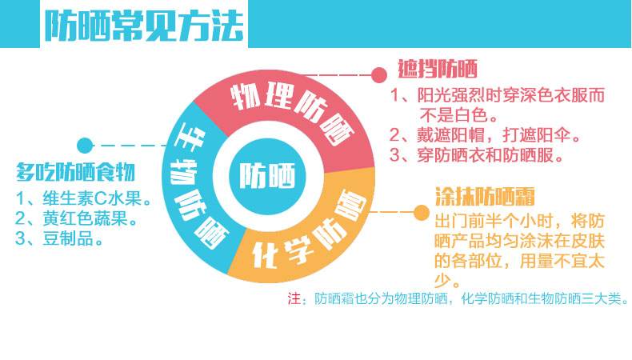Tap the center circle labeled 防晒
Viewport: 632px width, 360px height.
pyautogui.click(x=266, y=174)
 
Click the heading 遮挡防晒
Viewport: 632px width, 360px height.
pyautogui.click(x=438, y=69)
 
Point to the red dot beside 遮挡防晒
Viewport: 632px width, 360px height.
pyautogui.click(x=379, y=74)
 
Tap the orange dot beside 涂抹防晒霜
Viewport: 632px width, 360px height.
pyautogui.click(x=420, y=212)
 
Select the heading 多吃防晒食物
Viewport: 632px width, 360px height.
pyautogui.click(x=76, y=172)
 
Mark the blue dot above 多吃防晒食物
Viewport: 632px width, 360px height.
pyautogui.click(x=83, y=145)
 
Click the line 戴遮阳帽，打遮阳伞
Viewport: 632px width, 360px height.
pyautogui.click(x=490, y=134)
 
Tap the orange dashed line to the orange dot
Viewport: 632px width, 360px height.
pyautogui.click(x=392, y=212)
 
